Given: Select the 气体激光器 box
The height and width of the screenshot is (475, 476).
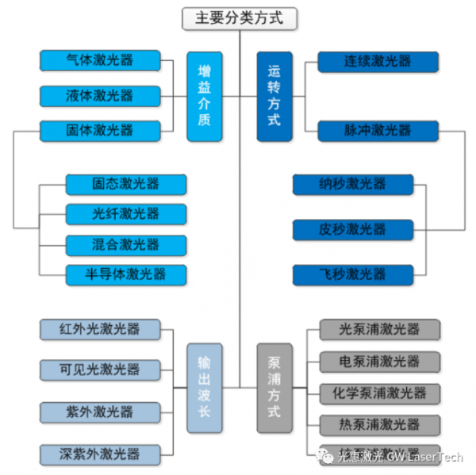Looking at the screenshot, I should pyautogui.click(x=100, y=60).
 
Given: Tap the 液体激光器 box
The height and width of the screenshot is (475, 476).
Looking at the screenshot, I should pyautogui.click(x=100, y=96).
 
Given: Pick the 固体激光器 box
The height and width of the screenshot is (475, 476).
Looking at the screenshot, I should pyautogui.click(x=100, y=130).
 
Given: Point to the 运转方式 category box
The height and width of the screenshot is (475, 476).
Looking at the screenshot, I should pyautogui.click(x=274, y=96).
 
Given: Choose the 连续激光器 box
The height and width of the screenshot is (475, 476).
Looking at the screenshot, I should pyautogui.click(x=378, y=61).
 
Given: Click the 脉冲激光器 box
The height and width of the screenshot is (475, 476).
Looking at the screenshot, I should pyautogui.click(x=378, y=130).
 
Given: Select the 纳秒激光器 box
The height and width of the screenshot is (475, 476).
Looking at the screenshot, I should pyautogui.click(x=352, y=184).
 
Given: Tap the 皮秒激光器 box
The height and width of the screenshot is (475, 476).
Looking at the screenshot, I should pyautogui.click(x=352, y=230).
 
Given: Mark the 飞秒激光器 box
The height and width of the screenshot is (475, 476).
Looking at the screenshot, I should pyautogui.click(x=352, y=274).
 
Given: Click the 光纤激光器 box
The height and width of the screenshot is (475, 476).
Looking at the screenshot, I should pyautogui.click(x=125, y=213).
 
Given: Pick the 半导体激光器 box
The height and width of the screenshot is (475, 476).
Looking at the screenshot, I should pyautogui.click(x=125, y=275).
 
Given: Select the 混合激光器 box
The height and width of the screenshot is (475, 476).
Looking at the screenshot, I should pyautogui.click(x=125, y=244).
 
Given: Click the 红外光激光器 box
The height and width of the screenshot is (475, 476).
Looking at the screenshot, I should pyautogui.click(x=100, y=329).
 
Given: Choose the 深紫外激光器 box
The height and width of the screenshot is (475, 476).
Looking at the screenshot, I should pyautogui.click(x=100, y=454).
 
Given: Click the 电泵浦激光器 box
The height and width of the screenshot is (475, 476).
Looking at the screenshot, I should pyautogui.click(x=379, y=362).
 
